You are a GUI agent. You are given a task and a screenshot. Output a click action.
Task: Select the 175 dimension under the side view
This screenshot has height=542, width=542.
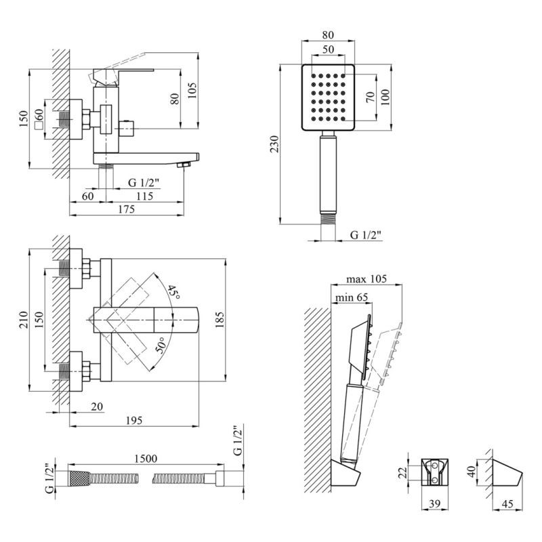tap(127, 209)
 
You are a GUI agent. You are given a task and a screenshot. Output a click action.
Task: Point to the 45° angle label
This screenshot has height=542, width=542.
tap(174, 293)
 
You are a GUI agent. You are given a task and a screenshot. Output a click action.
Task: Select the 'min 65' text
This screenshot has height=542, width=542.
tap(350, 297)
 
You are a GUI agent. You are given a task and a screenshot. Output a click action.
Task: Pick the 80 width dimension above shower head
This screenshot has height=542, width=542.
tap(328, 35)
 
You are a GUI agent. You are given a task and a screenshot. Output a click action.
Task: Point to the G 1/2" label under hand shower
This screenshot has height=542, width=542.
tap(366, 234)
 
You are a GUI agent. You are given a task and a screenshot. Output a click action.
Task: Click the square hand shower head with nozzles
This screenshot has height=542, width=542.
tap(327, 98)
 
